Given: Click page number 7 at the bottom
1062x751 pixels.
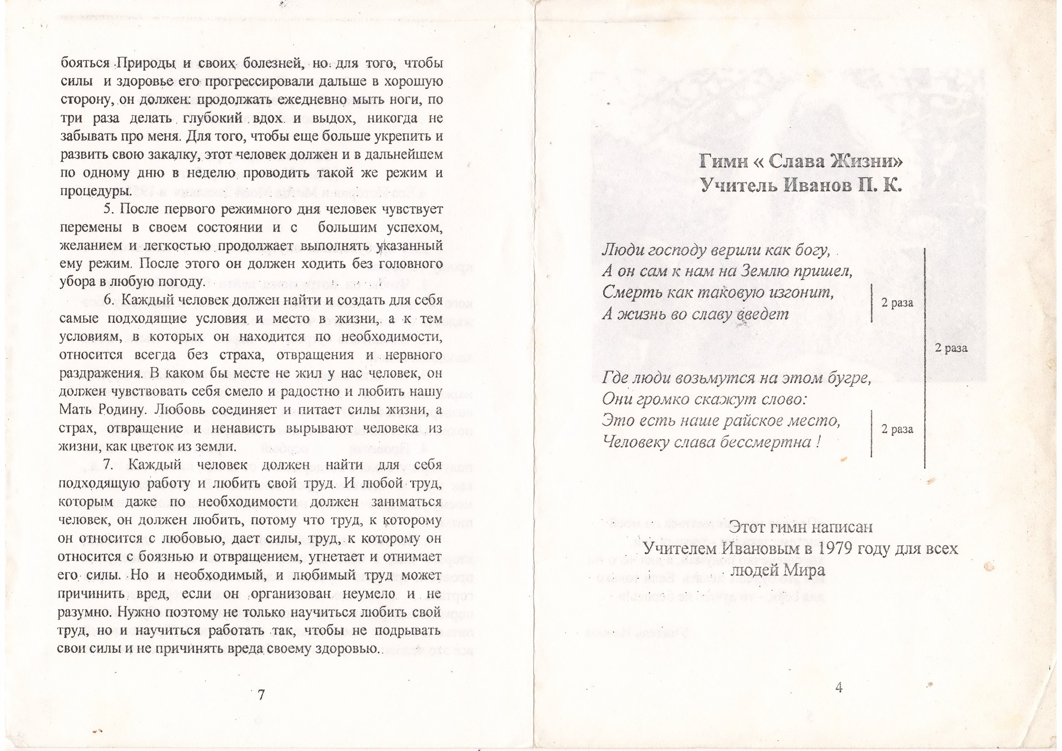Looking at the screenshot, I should [x=261, y=695].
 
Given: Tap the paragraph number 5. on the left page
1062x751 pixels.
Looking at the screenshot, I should [x=109, y=209].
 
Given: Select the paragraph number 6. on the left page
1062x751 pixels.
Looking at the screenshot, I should [x=109, y=300].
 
